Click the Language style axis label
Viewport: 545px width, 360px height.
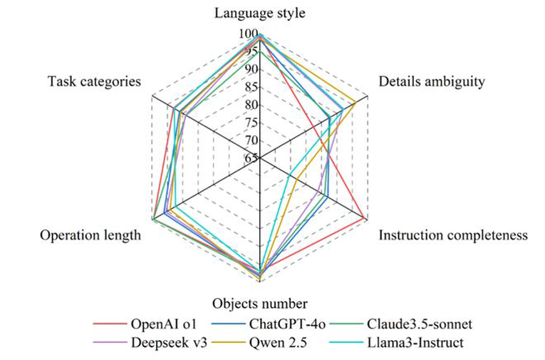pos(259,14)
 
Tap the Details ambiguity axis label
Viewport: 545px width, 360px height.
pos(431,82)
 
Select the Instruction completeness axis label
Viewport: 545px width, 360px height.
pos(453,235)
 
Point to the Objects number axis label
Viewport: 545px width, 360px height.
pos(259,304)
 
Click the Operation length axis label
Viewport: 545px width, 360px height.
pos(90,235)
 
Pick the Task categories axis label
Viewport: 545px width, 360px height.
pos(94,82)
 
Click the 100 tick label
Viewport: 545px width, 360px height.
pos(249,34)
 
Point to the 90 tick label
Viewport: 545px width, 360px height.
pos(251,70)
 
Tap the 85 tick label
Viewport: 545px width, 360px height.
pos(251,87)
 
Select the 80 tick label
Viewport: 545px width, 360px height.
pos(251,105)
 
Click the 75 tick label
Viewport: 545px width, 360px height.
pos(251,123)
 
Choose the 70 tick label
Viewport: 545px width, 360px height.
pos(251,140)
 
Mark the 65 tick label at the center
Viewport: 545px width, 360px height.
pos(251,158)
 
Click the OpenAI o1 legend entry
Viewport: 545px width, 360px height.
pos(145,324)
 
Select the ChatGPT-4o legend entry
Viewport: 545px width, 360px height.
pos(269,324)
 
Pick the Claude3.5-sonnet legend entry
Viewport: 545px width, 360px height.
pos(401,324)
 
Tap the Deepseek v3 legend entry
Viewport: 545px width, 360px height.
pos(150,343)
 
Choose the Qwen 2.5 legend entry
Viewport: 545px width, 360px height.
pos(259,343)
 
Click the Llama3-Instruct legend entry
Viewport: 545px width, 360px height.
pos(397,343)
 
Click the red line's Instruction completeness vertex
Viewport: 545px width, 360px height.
pos(364,218)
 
